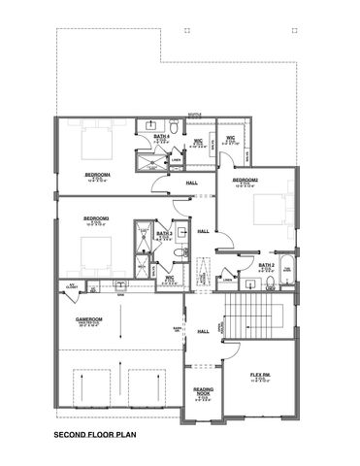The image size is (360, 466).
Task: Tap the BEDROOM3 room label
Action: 95,218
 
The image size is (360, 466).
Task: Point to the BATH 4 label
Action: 163,138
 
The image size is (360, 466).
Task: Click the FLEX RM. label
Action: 259,373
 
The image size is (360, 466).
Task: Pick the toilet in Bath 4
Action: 172,126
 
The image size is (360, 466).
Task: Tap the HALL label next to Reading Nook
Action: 202,331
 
